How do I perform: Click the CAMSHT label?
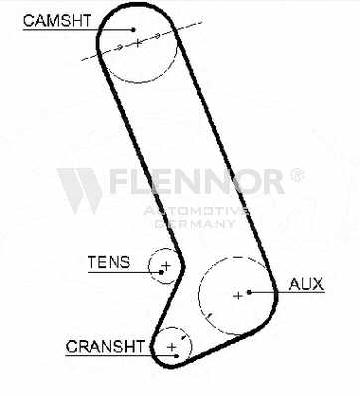pyautogui.click(x=57, y=21)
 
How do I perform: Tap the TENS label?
pyautogui.click(x=109, y=262)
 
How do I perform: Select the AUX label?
pyautogui.click(x=306, y=284)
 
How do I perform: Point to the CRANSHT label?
pyautogui.click(x=105, y=347)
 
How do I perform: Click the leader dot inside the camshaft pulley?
pyautogui.click(x=133, y=29)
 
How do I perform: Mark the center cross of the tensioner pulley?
pyautogui.click(x=166, y=265)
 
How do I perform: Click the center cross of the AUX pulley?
pyautogui.click(x=238, y=296)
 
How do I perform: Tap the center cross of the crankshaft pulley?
pyautogui.click(x=171, y=347)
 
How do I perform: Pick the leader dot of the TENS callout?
pyautogui.click(x=161, y=272)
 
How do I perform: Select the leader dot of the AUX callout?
pyautogui.click(x=249, y=292)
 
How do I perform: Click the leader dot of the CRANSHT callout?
pyautogui.click(x=177, y=356)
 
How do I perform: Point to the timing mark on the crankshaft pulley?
pyautogui.click(x=183, y=337)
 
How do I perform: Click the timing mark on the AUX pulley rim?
pyautogui.click(x=209, y=316)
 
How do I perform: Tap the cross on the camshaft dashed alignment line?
pyautogui.click(x=138, y=42)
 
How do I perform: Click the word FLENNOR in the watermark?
pyautogui.click(x=197, y=182)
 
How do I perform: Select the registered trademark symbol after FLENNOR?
pyautogui.click(x=297, y=175)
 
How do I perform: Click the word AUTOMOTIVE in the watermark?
pyautogui.click(x=196, y=211)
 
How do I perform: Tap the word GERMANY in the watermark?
pyautogui.click(x=195, y=224)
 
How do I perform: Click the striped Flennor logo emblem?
pyautogui.click(x=80, y=191)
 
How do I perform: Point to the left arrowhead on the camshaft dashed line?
pyautogui.click(x=120, y=47)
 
